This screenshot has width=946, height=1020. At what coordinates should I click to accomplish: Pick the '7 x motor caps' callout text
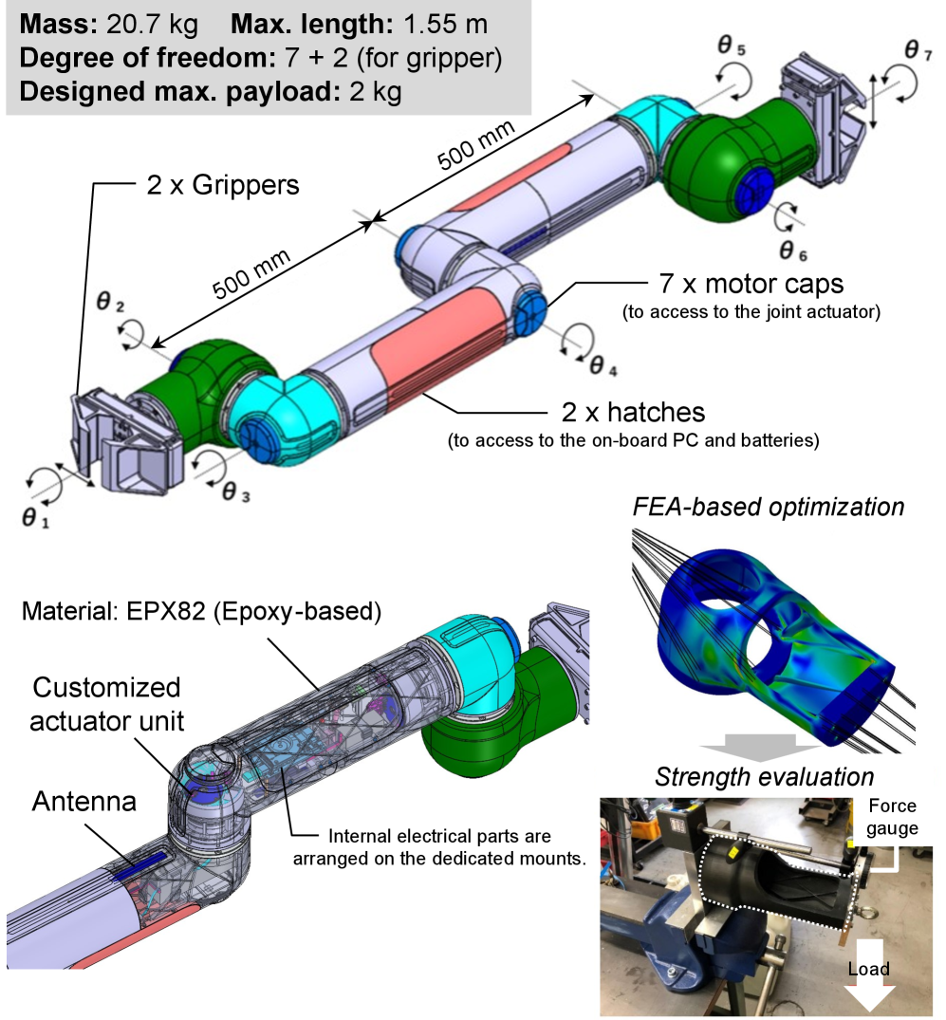point(751,284)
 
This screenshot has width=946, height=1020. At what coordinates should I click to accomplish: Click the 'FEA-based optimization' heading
point(768,507)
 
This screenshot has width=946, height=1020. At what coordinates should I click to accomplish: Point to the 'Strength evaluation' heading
point(764,778)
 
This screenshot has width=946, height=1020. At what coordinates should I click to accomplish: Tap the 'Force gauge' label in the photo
point(893,817)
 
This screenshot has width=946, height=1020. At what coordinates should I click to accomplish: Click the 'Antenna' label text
point(84,802)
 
